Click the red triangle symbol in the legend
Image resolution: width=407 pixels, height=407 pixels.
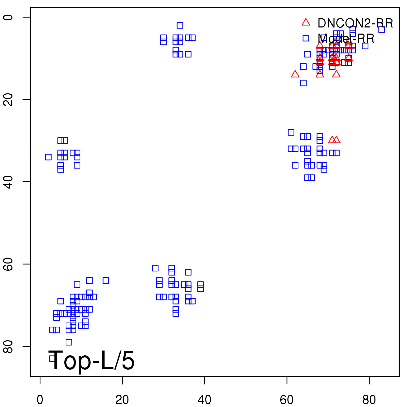point(306,22)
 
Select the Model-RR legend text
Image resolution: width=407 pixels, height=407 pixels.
point(346,39)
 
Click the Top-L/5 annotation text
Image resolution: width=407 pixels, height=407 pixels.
point(92,360)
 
